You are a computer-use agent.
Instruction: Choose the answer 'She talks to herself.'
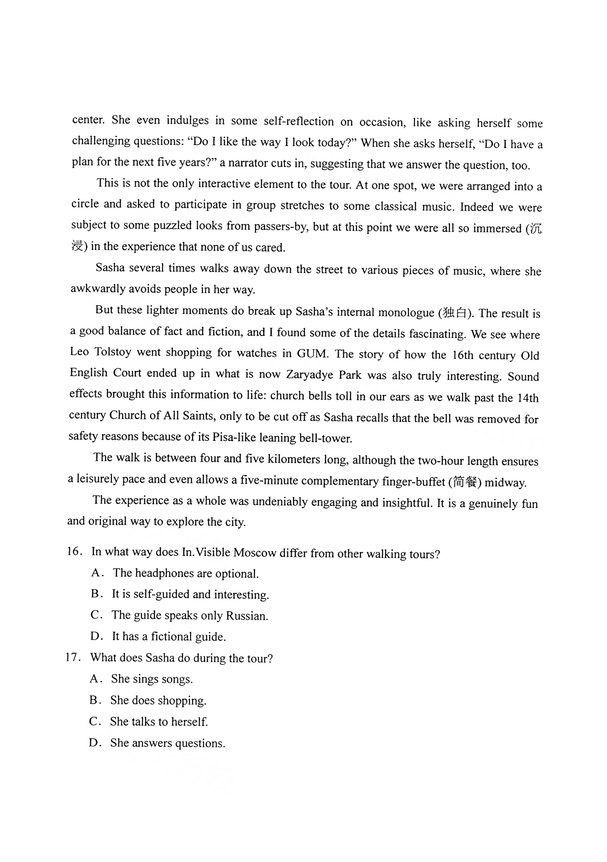pyautogui.click(x=159, y=722)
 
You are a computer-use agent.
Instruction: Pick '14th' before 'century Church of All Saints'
pyautogui.click(x=528, y=398)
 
